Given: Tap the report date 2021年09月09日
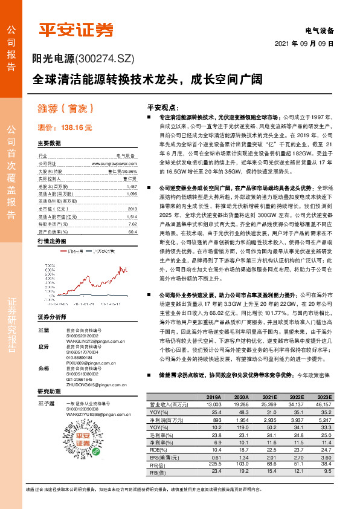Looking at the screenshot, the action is pos(304,44).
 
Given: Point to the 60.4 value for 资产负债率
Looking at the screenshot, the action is pos(133,232).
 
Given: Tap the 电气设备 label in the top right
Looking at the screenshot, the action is pos(318,30).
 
